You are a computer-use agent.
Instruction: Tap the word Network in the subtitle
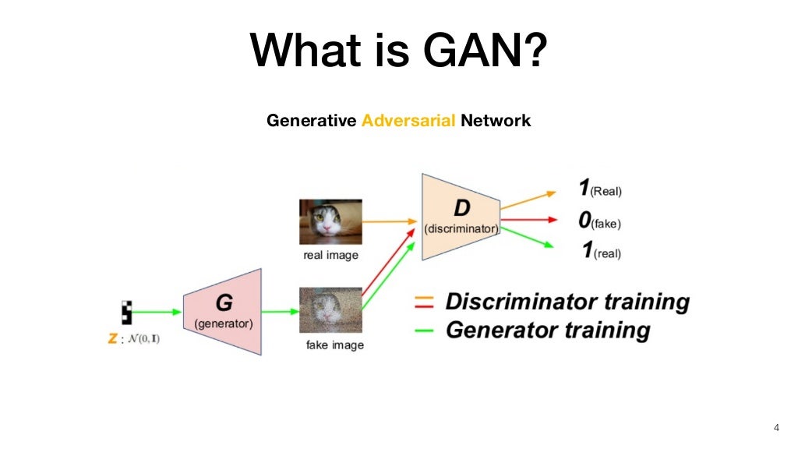point(496,121)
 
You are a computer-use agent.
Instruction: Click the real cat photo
point(330,222)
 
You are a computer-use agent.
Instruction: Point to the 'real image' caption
point(330,255)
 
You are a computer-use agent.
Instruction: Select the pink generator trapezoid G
point(222,312)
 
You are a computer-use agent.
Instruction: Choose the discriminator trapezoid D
point(460,217)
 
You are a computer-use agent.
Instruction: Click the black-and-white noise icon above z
point(126,312)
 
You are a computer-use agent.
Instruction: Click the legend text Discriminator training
point(567,302)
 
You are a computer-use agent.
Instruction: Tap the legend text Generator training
point(547,330)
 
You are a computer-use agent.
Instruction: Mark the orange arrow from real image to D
point(390,221)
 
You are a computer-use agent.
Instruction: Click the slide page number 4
point(775,427)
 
